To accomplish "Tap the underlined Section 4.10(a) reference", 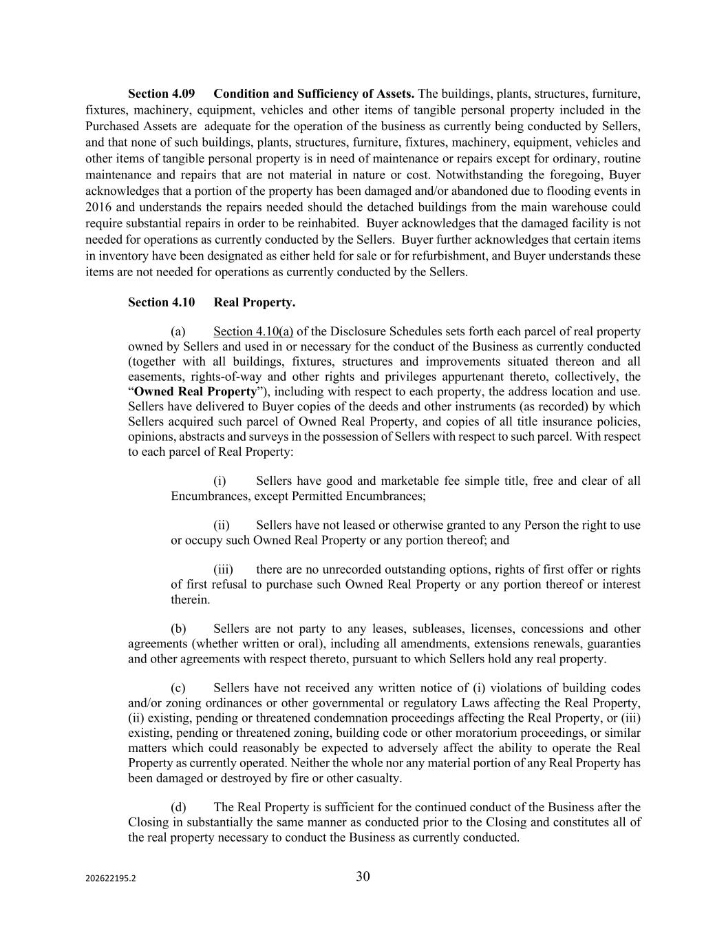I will (x=253, y=332).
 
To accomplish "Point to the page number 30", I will (x=363, y=877).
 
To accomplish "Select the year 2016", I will (x=99, y=207).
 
